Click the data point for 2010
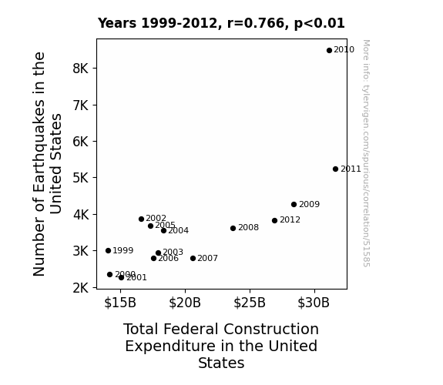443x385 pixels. click(329, 51)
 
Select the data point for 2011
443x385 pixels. click(335, 169)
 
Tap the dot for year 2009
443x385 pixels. click(294, 204)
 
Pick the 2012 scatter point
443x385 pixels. click(274, 221)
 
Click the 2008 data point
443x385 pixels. click(233, 228)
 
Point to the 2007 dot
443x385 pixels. click(193, 258)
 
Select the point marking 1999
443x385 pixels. click(108, 250)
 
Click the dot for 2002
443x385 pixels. click(142, 219)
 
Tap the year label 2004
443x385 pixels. click(178, 230)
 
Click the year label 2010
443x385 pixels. click(344, 50)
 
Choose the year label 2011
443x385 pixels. click(351, 169)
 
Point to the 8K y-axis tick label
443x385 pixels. click(81, 69)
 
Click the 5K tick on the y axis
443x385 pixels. click(81, 178)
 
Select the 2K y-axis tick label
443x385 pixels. click(81, 288)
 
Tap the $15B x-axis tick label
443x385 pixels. click(120, 303)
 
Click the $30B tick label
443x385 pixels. click(314, 303)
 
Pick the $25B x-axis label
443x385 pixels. click(250, 303)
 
